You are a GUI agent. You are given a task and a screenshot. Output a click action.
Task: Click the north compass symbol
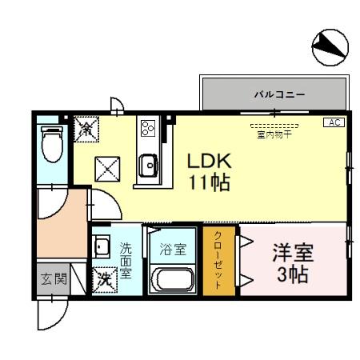point(329,49)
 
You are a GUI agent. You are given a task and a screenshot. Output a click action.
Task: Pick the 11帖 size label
point(210,182)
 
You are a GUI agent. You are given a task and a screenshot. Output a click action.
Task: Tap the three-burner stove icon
point(148,128)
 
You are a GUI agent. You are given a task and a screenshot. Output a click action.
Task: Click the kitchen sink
point(148,166)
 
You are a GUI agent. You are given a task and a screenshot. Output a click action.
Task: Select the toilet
point(53,143)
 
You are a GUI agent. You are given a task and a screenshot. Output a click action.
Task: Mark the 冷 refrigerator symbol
point(86,127)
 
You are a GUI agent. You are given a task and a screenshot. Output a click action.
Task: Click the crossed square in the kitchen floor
point(106,169)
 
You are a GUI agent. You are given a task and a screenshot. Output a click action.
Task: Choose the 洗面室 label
point(126,260)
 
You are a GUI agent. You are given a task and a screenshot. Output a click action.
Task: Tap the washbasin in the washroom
point(102,247)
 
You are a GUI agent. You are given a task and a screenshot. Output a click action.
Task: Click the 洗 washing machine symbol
point(103,280)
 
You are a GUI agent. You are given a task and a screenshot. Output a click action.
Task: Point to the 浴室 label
point(172,250)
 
